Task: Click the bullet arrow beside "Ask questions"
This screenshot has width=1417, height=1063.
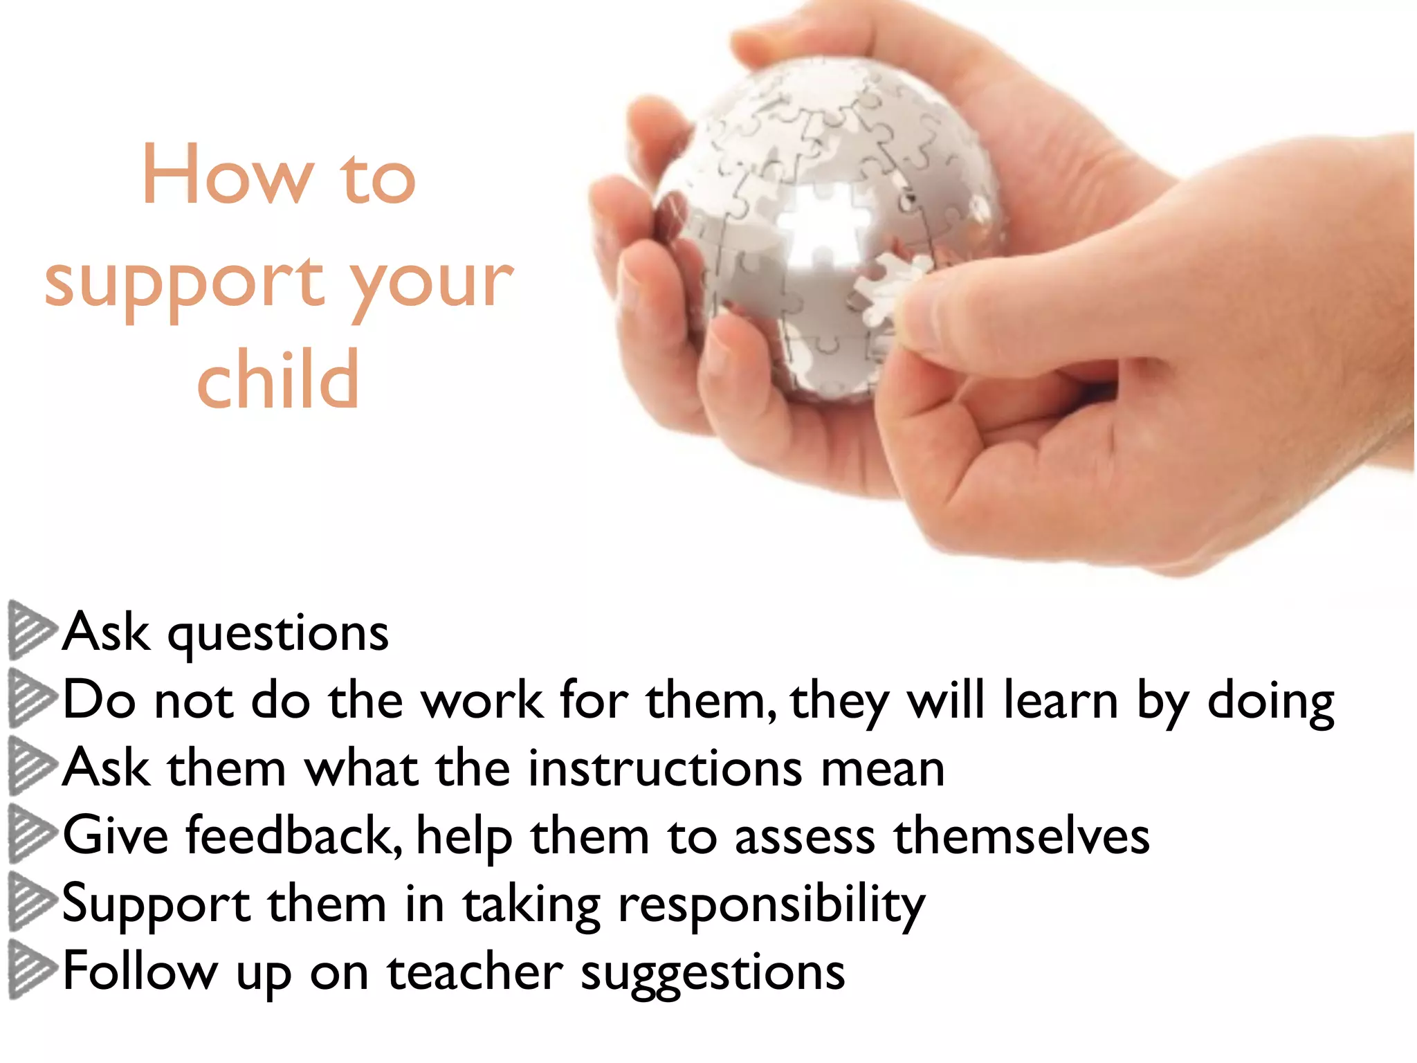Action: tap(31, 629)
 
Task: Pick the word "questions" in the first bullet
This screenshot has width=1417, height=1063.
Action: tap(278, 633)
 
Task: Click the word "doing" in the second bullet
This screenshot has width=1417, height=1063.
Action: tap(1270, 701)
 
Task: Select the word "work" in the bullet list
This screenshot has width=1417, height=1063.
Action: tap(482, 700)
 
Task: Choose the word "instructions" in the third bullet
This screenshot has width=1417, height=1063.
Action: tap(665, 768)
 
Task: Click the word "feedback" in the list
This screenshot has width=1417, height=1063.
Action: tap(294, 835)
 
